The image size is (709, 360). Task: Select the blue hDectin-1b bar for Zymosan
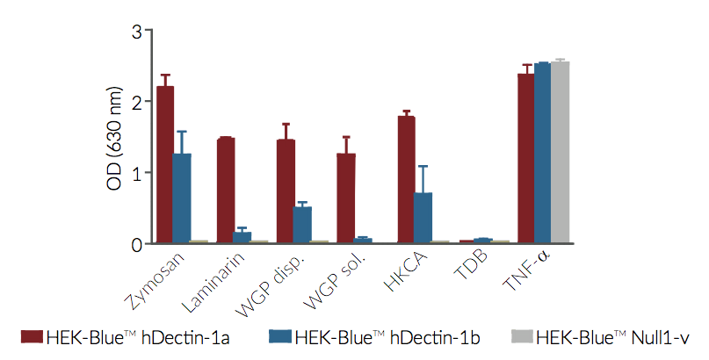click(x=182, y=198)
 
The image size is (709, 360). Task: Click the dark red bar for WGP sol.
click(x=346, y=198)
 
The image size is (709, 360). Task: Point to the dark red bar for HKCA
click(x=406, y=180)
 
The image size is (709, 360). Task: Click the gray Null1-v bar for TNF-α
click(x=560, y=153)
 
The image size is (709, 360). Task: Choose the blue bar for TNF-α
click(x=543, y=153)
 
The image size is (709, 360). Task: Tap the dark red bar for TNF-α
click(x=526, y=158)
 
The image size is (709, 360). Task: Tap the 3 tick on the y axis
click(x=137, y=32)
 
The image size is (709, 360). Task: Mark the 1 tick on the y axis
click(x=137, y=173)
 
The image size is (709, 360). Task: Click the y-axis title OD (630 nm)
click(x=112, y=137)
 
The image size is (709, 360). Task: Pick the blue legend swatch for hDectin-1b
click(x=279, y=337)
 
